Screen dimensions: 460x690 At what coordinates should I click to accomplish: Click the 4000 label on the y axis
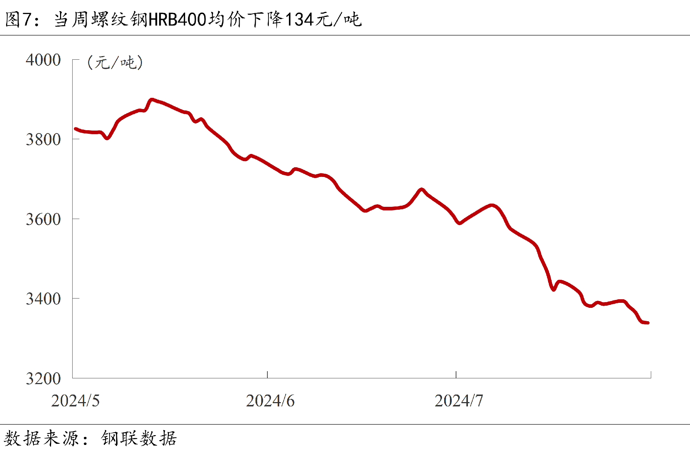click(x=43, y=60)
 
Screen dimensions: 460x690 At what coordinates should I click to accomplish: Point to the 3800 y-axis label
click(x=43, y=140)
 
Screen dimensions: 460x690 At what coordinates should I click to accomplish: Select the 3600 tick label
click(x=43, y=219)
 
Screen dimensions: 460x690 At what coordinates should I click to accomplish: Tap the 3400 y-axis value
click(x=43, y=299)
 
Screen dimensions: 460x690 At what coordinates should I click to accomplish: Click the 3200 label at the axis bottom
click(x=43, y=378)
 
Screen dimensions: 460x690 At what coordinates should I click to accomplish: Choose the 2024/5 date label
click(x=75, y=401)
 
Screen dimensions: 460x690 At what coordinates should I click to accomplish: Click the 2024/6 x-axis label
click(x=270, y=401)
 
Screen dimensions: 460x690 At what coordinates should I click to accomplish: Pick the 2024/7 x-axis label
click(x=459, y=401)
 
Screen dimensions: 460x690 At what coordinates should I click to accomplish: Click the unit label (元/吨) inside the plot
click(x=115, y=63)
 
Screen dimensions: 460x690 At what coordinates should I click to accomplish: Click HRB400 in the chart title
click(x=177, y=19)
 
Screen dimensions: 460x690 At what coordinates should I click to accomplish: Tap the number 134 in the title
click(x=300, y=19)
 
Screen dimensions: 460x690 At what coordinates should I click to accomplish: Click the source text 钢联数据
click(x=139, y=438)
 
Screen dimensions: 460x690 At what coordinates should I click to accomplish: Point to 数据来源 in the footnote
click(x=41, y=438)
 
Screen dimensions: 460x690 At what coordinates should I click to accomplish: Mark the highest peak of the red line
click(x=152, y=100)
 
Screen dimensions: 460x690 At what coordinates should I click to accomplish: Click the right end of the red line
click(x=648, y=323)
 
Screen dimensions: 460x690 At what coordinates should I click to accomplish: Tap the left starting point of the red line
click(x=75, y=128)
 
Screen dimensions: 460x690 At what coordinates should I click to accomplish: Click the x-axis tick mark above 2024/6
click(x=267, y=375)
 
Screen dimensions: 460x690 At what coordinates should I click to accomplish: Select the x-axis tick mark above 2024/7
click(x=456, y=375)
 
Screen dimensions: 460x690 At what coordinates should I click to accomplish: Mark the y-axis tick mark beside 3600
click(x=76, y=219)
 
